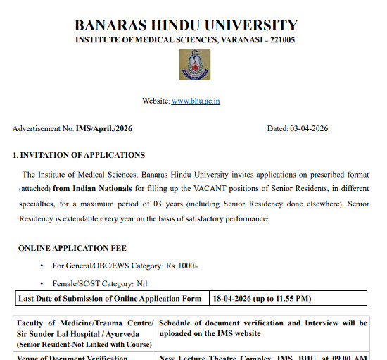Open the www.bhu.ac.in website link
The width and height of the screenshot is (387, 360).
coord(196,101)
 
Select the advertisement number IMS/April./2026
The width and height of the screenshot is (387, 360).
coord(104,129)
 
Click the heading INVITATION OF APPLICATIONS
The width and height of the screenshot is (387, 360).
coord(82,156)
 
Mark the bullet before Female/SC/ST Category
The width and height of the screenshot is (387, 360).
coord(42,283)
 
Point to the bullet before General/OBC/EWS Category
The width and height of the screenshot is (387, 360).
coord(42,266)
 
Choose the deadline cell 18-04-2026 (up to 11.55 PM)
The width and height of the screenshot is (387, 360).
coord(262,299)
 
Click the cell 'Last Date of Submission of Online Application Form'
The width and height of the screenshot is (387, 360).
coord(110,299)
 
